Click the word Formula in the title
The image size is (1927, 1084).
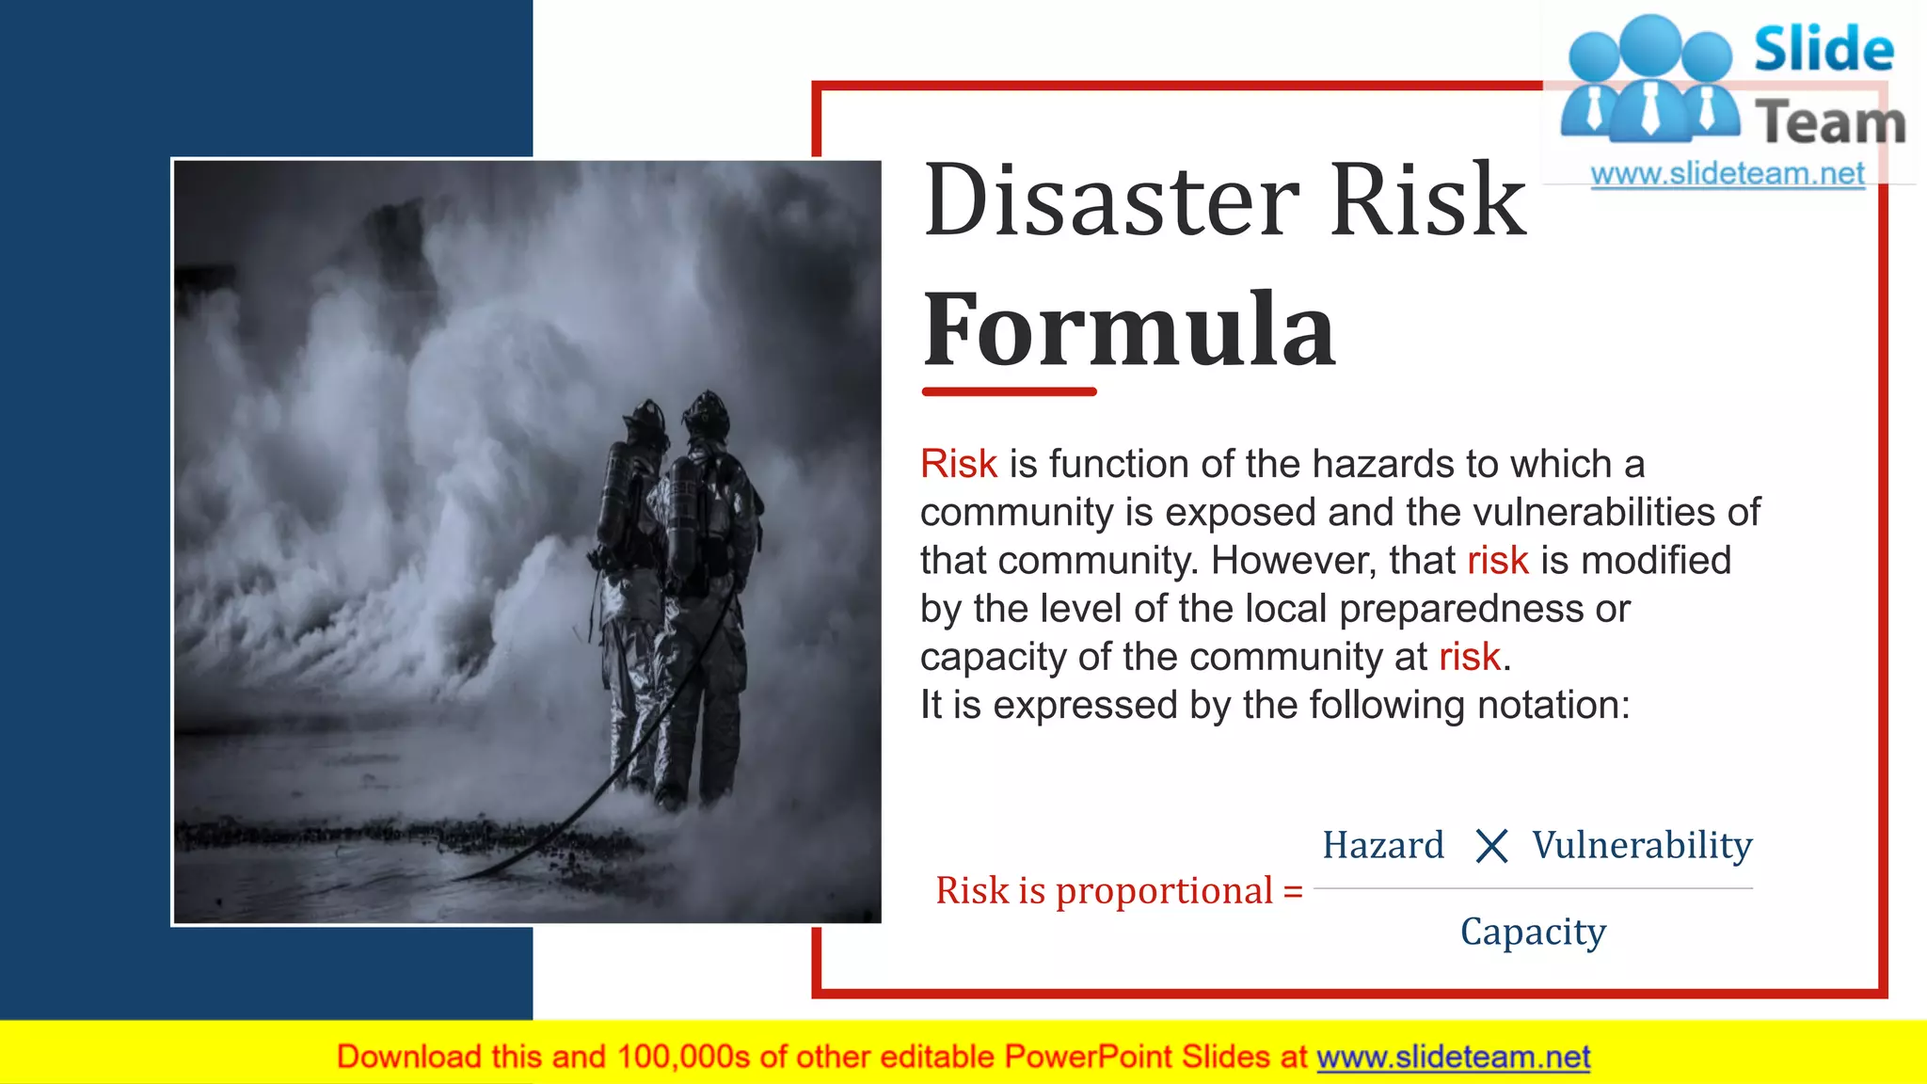(x=1128, y=330)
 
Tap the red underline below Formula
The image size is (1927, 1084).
(x=1009, y=391)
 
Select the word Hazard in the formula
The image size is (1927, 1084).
(x=1382, y=845)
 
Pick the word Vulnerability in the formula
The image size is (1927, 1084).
(x=1642, y=845)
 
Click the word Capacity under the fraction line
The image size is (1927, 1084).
(x=1533, y=932)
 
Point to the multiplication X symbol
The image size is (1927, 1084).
(x=1491, y=846)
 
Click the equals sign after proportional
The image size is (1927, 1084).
(x=1293, y=891)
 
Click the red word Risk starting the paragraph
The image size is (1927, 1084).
(x=958, y=464)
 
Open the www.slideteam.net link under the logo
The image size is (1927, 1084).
(x=1727, y=174)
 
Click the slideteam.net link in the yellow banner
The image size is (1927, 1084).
(x=1453, y=1057)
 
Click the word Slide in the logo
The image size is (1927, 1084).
(x=1823, y=49)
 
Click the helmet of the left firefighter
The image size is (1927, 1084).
(x=646, y=415)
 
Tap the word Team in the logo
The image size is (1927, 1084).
(x=1830, y=122)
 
